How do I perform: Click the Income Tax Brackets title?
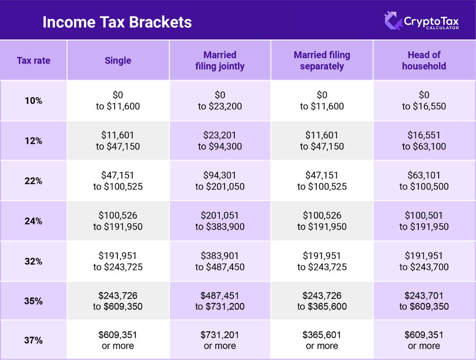(117, 22)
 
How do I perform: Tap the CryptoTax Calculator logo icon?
(393, 21)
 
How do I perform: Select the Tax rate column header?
(33, 60)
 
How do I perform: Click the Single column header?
(118, 60)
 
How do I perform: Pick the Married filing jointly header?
(220, 60)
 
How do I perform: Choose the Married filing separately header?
(322, 60)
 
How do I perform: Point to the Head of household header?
(424, 60)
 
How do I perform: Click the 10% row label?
(33, 101)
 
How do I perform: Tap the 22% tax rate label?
(33, 181)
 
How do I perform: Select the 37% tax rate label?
(33, 340)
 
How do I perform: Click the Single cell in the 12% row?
(118, 141)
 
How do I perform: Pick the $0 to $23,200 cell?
(220, 101)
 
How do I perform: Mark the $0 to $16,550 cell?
(424, 101)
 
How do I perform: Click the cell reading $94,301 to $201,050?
(220, 181)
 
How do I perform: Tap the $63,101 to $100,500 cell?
(424, 181)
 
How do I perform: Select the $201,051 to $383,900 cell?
(220, 221)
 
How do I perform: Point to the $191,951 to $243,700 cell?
(424, 261)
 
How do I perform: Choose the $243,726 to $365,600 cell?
(322, 301)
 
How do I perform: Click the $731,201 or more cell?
(220, 340)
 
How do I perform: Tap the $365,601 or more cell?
(322, 340)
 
